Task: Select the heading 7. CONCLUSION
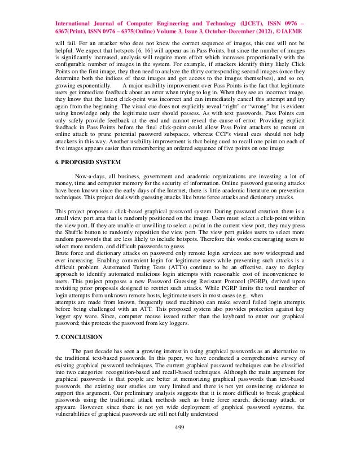tap(78, 337)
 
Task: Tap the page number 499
tap(180, 442)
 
